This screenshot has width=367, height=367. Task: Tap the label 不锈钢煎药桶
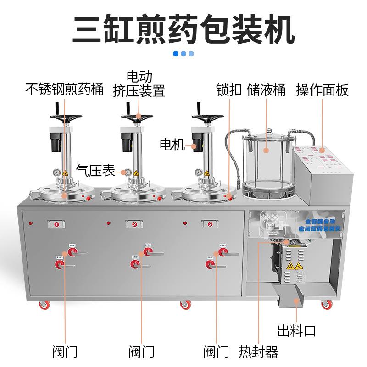64,89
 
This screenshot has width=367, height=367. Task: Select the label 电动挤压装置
139,83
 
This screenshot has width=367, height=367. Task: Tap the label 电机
172,145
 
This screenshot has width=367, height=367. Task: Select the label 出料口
296,330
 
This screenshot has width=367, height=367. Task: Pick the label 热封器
258,352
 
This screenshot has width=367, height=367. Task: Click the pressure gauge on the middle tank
128,172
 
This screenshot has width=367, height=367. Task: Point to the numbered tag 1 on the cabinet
56,224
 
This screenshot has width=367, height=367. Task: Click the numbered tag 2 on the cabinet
134,224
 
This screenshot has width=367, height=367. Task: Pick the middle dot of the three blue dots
183,54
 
